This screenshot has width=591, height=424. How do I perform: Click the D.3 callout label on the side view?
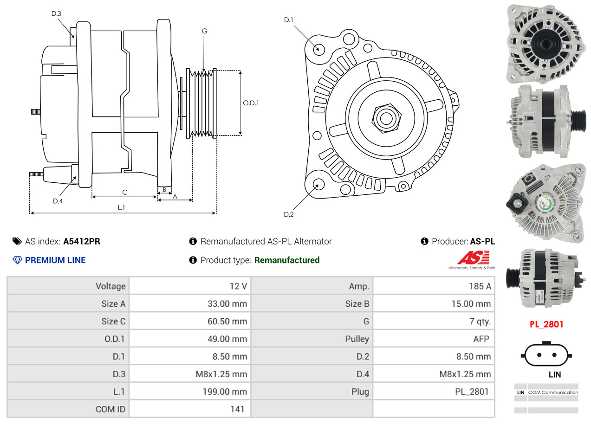(x=56, y=13)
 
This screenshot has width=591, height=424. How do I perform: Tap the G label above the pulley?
(x=204, y=31)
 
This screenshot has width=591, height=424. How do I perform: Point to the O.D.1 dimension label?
(x=251, y=103)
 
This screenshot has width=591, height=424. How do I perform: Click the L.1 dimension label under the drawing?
(x=121, y=207)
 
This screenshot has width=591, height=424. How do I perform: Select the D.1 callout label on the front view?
(x=289, y=20)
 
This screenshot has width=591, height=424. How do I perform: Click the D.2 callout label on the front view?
(x=289, y=214)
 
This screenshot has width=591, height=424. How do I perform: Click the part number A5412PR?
(x=82, y=241)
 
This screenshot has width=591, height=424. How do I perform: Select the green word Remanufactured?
(x=287, y=260)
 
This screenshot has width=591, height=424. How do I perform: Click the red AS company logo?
(x=474, y=257)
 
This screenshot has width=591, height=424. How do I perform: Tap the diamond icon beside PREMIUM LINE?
(x=18, y=260)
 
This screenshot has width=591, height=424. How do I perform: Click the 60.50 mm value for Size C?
(x=227, y=321)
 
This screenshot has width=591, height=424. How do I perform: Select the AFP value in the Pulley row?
(x=481, y=339)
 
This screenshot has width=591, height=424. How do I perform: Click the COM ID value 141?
(x=237, y=409)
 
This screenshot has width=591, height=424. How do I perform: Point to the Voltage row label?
(x=110, y=286)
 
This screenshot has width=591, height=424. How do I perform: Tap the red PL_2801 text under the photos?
(x=546, y=324)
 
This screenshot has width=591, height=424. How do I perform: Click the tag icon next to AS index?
(x=17, y=241)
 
